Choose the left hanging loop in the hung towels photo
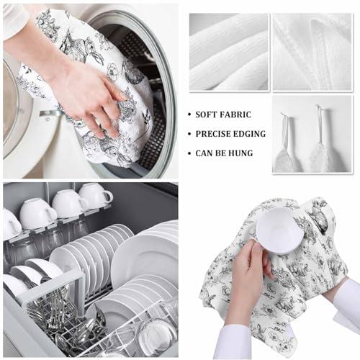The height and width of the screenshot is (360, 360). pos(285,130)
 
